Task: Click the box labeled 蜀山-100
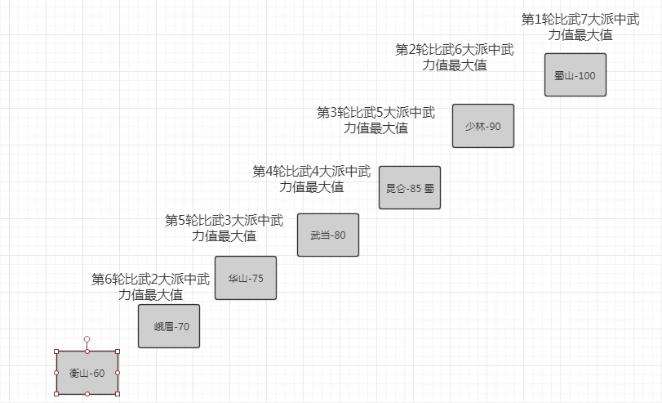[x=575, y=75]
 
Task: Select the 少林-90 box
[x=483, y=126]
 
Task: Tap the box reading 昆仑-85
[x=410, y=187]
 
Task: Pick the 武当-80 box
[x=328, y=235]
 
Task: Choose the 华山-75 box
[x=246, y=278]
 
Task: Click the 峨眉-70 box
[x=169, y=326]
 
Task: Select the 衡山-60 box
[x=87, y=373]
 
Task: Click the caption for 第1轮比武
[x=580, y=26]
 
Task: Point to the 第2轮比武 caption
[x=455, y=57]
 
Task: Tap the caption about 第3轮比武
[x=376, y=119]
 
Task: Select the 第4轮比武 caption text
[x=312, y=179]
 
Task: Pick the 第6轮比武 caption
[x=150, y=287]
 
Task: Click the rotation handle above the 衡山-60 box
[x=87, y=338]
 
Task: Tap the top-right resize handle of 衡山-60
[x=118, y=352]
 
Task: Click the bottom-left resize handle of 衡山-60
[x=56, y=393]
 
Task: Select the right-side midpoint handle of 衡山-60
[x=118, y=373]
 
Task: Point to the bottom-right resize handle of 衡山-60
[x=118, y=393]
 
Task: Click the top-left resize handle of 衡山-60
[x=56, y=352]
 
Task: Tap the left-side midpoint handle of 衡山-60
[x=56, y=373]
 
